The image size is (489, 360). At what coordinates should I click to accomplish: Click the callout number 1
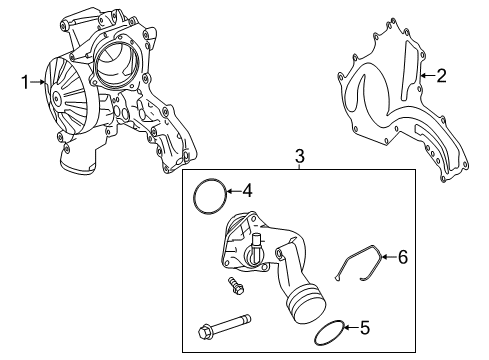click(25, 82)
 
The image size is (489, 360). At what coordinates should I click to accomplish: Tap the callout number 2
click(441, 76)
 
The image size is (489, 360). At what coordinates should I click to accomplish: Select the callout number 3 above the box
click(300, 156)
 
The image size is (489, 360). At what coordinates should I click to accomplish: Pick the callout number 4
click(247, 191)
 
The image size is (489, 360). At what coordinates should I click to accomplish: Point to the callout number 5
click(365, 327)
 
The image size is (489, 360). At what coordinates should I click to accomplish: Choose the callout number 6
click(403, 257)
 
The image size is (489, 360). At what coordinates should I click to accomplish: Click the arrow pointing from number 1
click(38, 82)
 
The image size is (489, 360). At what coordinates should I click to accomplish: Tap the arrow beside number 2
click(427, 76)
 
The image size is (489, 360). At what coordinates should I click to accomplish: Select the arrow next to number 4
click(233, 191)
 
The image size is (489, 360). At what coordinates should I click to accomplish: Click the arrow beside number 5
click(351, 327)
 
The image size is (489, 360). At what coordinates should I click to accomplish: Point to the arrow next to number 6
click(389, 257)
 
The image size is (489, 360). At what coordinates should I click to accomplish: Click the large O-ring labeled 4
click(194, 197)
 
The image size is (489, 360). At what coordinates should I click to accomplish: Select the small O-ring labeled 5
click(315, 333)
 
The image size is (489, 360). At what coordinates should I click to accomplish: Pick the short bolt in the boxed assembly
click(236, 286)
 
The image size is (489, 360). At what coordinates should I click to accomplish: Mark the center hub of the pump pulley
click(57, 99)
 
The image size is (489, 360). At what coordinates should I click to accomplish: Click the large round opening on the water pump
click(116, 61)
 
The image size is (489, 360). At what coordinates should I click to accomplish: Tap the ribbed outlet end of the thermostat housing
click(306, 303)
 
